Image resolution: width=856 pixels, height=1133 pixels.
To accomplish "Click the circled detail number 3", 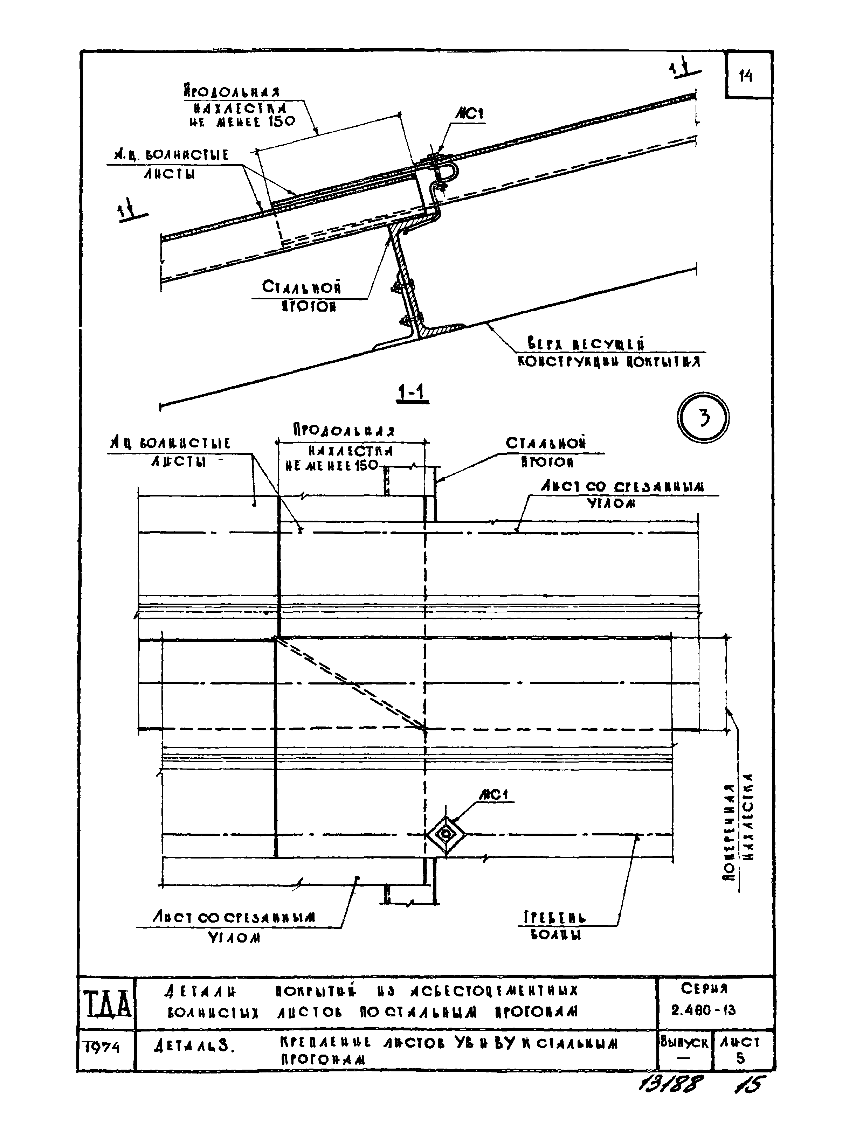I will (703, 418).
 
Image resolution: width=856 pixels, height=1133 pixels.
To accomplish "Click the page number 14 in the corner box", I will (746, 76).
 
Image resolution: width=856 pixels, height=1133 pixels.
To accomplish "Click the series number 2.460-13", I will (703, 1010).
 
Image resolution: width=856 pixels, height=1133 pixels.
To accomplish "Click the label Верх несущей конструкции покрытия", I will (609, 352).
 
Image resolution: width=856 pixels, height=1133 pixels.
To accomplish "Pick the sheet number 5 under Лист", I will (740, 1058).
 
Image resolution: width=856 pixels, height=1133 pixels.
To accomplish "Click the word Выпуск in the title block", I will (684, 1042).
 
